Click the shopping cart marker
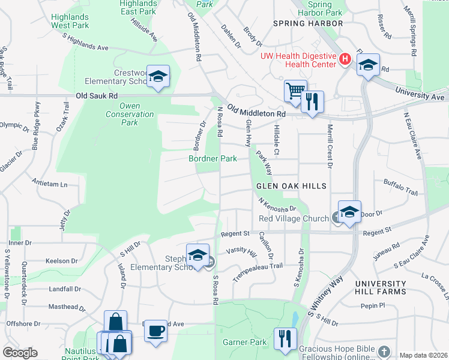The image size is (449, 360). point(295,91)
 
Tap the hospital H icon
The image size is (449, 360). point(345,59)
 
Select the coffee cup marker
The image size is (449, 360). point(156,330)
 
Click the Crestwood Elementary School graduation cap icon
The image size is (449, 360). point(158,76)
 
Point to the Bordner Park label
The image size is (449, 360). point(212,158)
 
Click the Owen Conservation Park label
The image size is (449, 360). point(130,114)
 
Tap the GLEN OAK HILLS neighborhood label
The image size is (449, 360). point(292,186)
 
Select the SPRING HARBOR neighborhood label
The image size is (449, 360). point(308,23)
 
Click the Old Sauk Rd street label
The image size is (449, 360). point(96,96)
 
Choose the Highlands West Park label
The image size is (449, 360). point(70,21)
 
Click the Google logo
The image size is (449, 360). point(20,353)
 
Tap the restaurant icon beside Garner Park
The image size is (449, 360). point(283,338)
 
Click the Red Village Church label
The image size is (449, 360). point(294,218)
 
